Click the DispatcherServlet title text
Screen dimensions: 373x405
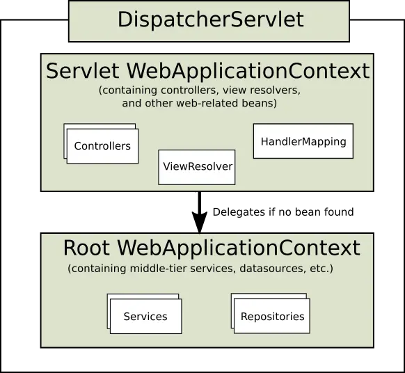(x=210, y=19)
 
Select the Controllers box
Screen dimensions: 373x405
(x=102, y=146)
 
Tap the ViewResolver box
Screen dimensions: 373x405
(x=197, y=167)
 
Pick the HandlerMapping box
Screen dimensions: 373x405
(x=303, y=141)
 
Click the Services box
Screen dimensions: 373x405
(x=145, y=317)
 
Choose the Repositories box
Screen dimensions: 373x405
(x=272, y=317)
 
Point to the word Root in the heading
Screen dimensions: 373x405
(x=87, y=248)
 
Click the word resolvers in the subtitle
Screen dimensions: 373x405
(x=276, y=91)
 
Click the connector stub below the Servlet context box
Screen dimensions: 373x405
(x=198, y=193)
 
